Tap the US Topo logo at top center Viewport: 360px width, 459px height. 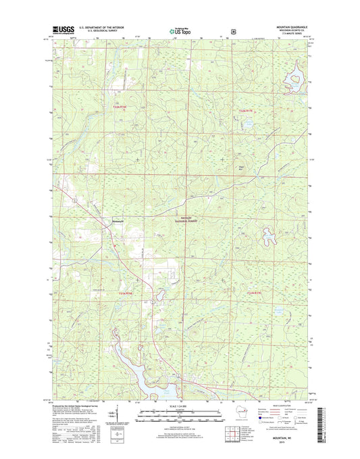click(x=180, y=30)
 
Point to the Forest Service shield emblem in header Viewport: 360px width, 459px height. click(x=234, y=30)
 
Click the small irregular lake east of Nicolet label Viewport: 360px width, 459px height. click(x=271, y=236)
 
